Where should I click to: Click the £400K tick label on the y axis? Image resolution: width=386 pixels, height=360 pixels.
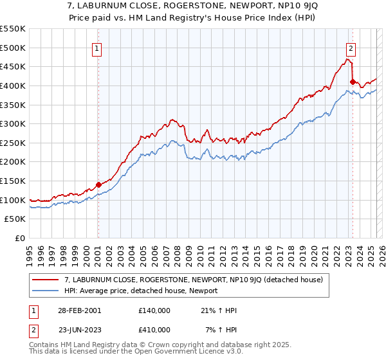pyautogui.click(x=12, y=85)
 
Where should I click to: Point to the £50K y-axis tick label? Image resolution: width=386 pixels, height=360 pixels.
pyautogui.click(x=15, y=219)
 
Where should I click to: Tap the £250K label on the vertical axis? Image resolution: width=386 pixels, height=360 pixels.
pyautogui.click(x=12, y=143)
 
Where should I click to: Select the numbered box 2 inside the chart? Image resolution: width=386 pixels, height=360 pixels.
pyautogui.click(x=351, y=48)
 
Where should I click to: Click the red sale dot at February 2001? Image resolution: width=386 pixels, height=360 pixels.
pyautogui.click(x=98, y=184)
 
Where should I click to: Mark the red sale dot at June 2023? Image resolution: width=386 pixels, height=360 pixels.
pyautogui.click(x=353, y=82)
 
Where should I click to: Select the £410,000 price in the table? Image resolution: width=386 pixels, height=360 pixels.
pyautogui.click(x=154, y=329)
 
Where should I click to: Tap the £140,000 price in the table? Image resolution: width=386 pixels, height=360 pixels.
pyautogui.click(x=154, y=310)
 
